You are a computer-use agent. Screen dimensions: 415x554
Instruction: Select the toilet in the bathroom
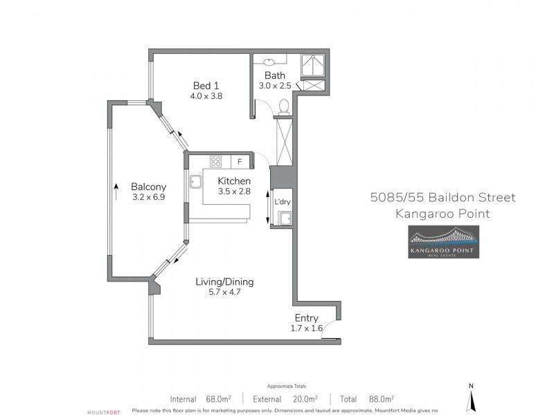click(x=283, y=107)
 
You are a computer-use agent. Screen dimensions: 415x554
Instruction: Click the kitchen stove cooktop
click(x=216, y=162)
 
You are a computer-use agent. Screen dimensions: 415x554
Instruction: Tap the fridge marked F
click(x=240, y=162)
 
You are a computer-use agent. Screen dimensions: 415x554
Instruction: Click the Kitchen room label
click(x=234, y=181)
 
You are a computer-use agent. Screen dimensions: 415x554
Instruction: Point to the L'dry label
click(x=283, y=201)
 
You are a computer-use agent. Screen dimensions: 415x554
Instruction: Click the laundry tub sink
click(x=284, y=219)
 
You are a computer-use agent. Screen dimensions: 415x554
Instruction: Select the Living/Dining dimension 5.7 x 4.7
click(x=224, y=292)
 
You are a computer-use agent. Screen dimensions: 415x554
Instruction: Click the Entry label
click(x=306, y=318)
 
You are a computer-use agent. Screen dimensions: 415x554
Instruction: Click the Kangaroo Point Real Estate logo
click(x=443, y=242)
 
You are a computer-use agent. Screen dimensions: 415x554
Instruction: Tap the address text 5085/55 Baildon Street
click(x=443, y=199)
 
